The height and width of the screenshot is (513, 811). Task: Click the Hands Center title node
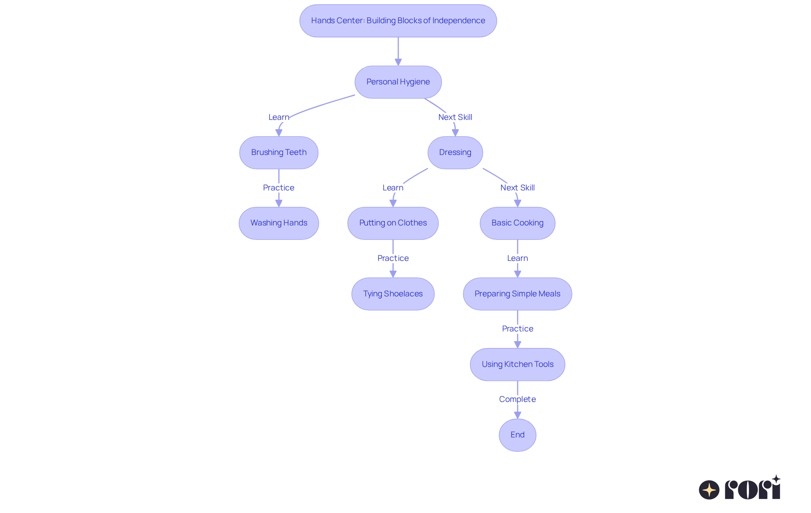point(398,21)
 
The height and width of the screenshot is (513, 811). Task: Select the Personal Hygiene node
point(398,82)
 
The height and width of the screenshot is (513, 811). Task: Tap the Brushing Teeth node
point(279,152)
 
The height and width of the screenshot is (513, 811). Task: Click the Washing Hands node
point(279,223)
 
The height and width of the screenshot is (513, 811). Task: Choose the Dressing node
point(455,152)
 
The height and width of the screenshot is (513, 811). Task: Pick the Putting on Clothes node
point(393,223)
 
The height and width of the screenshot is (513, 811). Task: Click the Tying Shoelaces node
point(393,294)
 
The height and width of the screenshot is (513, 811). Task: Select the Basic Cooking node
point(517,223)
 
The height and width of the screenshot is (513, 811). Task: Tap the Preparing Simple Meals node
point(517,294)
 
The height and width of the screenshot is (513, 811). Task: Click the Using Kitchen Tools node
point(517,364)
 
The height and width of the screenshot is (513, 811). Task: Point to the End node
point(517,435)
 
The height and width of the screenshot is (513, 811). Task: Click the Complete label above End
point(517,399)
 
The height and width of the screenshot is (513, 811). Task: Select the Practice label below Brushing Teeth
point(279,188)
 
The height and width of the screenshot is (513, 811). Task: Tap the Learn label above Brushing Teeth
point(279,117)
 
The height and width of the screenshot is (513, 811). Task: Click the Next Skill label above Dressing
point(455,117)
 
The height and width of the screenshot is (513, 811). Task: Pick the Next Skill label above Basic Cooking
point(517,188)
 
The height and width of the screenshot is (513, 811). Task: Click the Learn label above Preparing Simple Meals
point(517,258)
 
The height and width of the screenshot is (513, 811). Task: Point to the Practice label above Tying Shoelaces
point(393,258)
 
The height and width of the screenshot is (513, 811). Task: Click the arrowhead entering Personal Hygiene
point(398,62)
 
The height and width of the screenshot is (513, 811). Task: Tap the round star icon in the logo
point(709,490)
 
